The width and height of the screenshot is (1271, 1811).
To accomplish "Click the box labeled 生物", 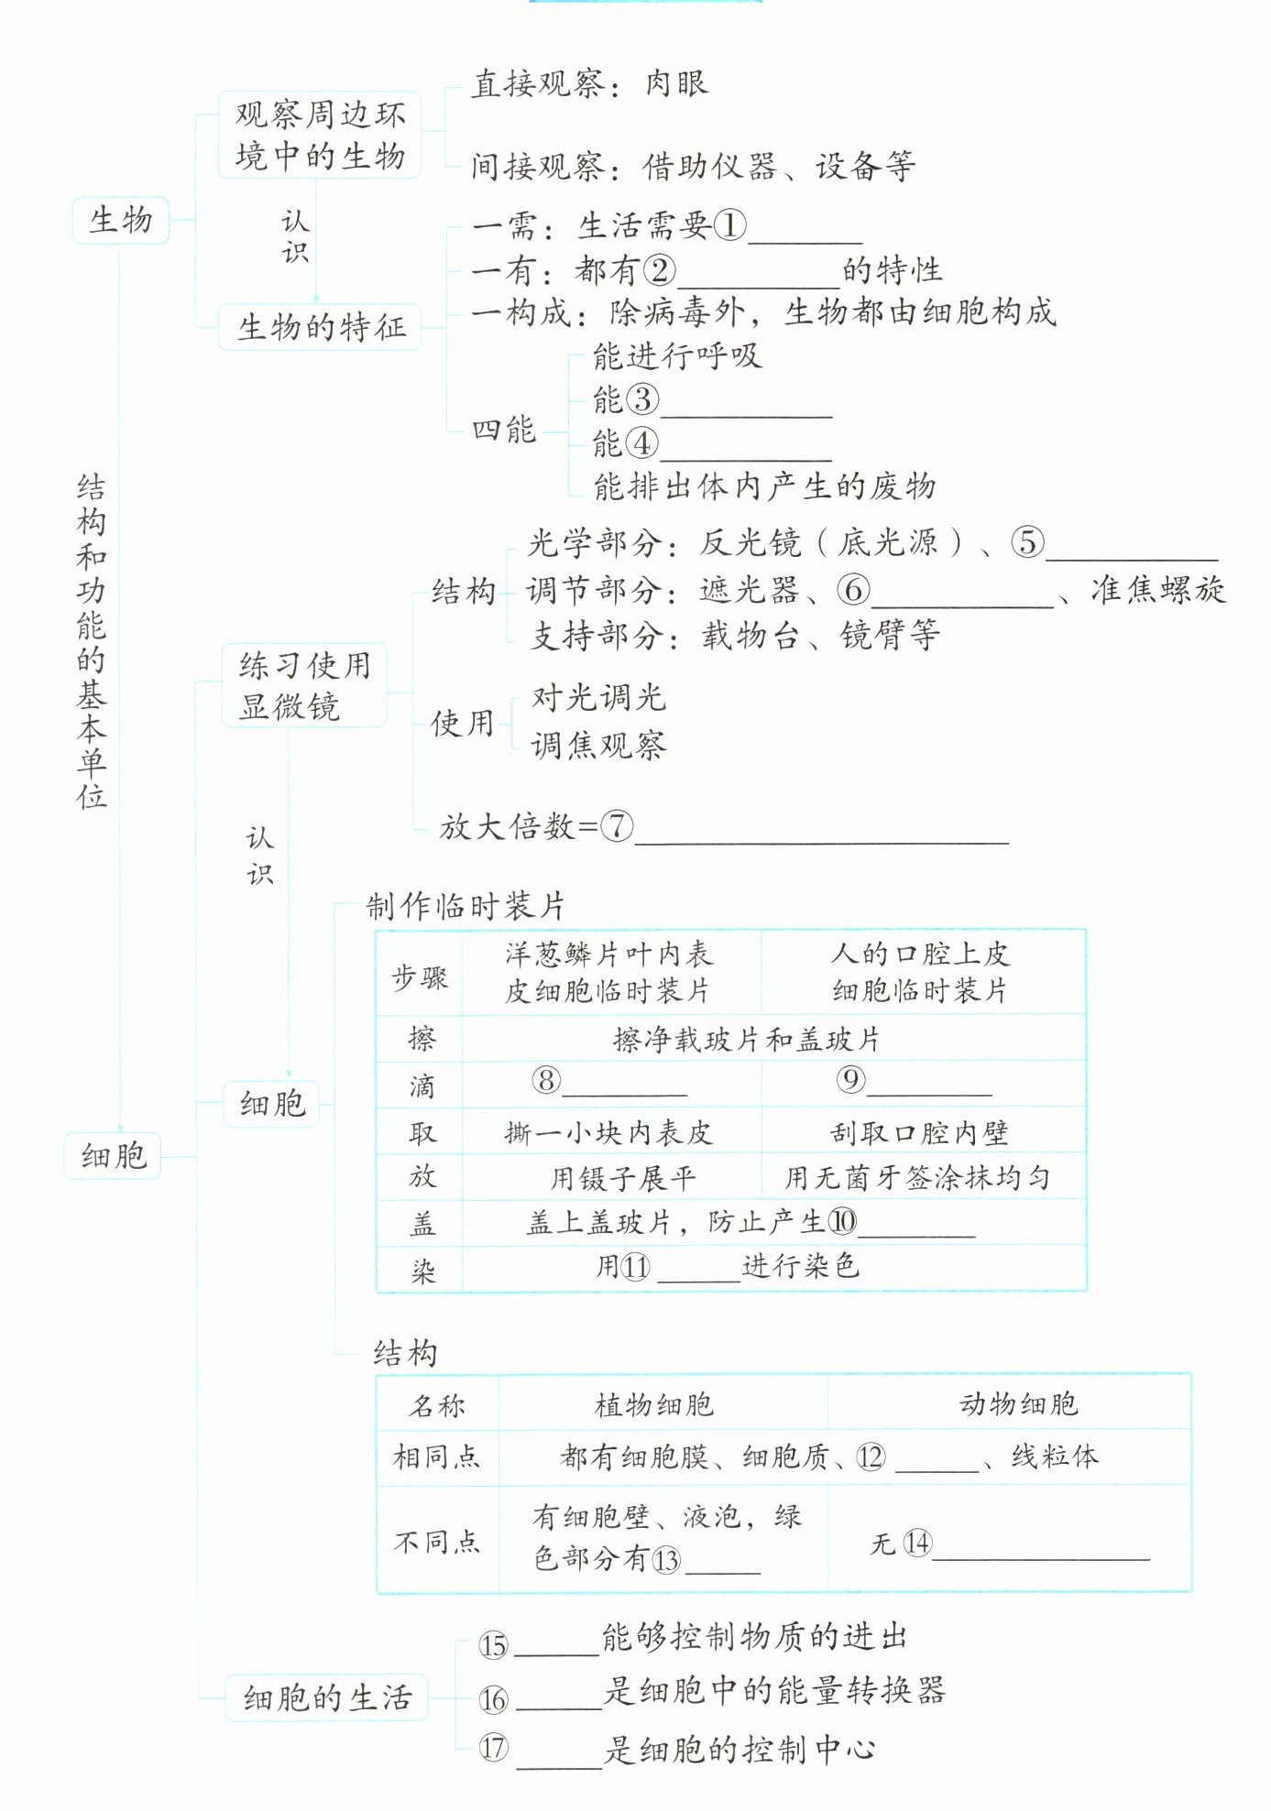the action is (121, 220).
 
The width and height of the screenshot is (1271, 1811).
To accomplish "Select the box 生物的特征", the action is (320, 327).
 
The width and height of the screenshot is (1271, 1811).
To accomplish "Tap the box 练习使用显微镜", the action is (304, 685).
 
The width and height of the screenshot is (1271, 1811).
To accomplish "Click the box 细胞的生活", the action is (327, 1698).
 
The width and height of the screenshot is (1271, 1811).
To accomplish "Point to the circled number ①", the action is (729, 225).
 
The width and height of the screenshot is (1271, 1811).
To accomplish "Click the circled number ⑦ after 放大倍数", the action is (617, 826).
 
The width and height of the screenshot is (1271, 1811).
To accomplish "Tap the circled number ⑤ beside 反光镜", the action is (1027, 542).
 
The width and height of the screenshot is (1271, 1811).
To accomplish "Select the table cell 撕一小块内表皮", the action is (608, 1133).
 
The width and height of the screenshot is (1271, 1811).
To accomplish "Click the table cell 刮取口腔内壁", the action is (919, 1133).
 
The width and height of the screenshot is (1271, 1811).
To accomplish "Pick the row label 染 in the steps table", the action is (422, 1271).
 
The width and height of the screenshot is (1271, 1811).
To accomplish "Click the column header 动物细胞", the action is (1018, 1404).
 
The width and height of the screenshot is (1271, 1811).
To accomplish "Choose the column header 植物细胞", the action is (653, 1404).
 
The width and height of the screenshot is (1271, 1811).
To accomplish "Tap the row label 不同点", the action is (437, 1542).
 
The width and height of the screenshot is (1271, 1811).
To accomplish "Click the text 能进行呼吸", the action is (677, 355).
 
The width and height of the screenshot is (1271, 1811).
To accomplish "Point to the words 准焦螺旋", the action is (1158, 590).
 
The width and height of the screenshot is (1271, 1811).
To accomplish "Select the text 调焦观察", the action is (599, 746).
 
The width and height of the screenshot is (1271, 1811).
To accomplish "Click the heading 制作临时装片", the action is (466, 906).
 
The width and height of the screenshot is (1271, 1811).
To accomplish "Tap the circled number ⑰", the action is (493, 1748).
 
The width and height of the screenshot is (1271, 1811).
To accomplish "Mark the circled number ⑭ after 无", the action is (917, 1543).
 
